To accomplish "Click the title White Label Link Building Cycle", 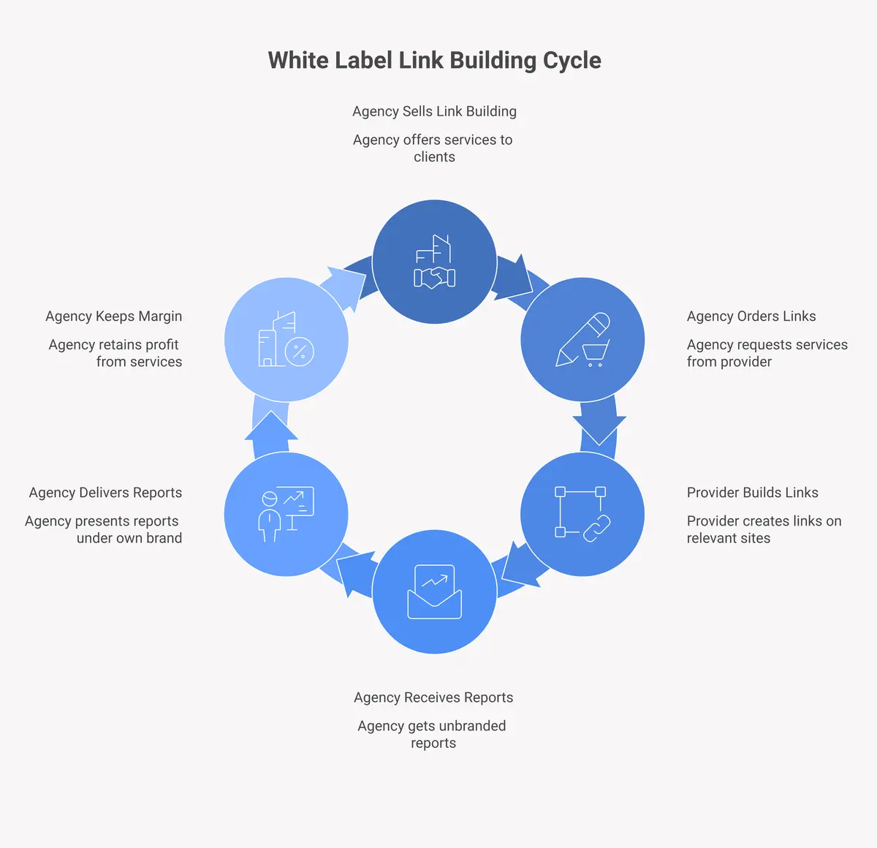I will (434, 60).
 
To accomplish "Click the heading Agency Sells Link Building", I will (434, 111).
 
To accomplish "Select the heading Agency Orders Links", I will (751, 316).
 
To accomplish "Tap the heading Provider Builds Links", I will (752, 492).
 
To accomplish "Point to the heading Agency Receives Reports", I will (433, 697).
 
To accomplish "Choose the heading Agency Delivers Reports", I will (105, 492).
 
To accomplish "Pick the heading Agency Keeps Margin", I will (113, 316).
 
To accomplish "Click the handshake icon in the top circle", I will (435, 277).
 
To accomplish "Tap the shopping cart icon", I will (595, 354).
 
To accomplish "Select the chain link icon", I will (596, 528).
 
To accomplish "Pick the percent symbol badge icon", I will (299, 352).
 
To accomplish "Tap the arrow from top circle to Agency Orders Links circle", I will (517, 278).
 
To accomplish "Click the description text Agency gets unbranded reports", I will (432, 734).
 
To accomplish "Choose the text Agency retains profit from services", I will (115, 353).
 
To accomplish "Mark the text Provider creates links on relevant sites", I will (764, 529).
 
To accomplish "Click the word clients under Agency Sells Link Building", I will (434, 156).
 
